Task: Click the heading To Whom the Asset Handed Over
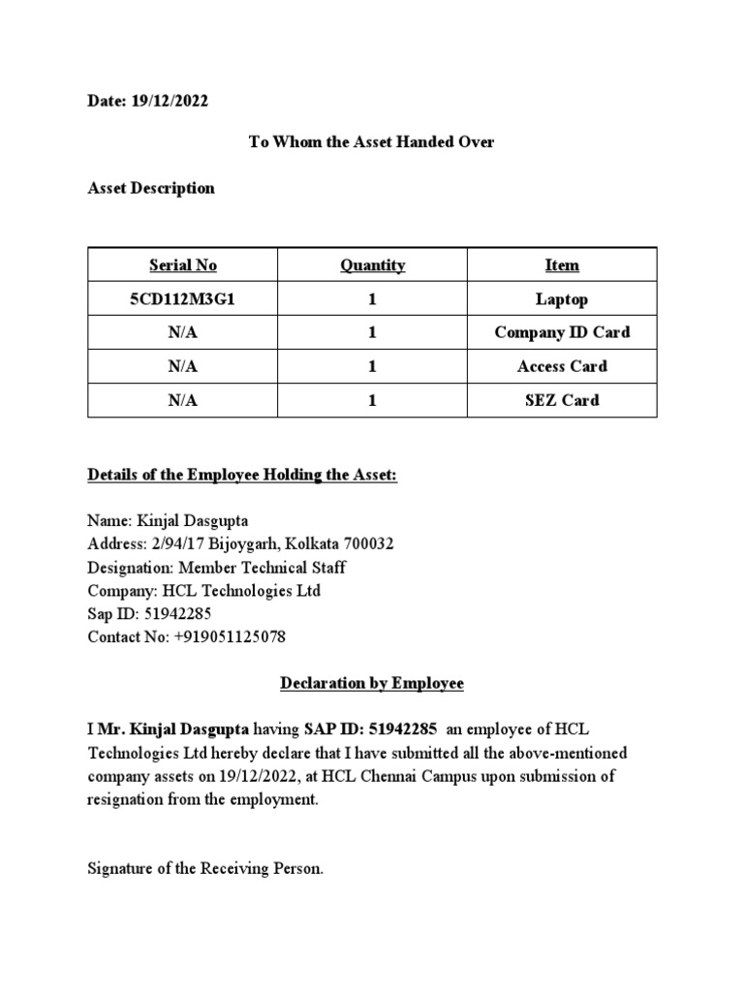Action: (x=372, y=141)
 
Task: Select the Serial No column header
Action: (x=183, y=265)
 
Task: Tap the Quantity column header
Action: (x=372, y=265)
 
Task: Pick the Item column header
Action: (x=562, y=265)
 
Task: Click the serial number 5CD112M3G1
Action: (x=183, y=299)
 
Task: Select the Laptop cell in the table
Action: (x=562, y=299)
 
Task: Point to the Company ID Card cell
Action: (x=562, y=332)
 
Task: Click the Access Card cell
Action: (x=562, y=366)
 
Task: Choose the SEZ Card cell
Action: (x=562, y=400)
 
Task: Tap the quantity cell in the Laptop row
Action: (x=372, y=299)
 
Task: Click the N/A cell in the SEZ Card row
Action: (x=183, y=400)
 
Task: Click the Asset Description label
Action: (x=151, y=188)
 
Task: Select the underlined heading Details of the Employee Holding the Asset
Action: (x=242, y=476)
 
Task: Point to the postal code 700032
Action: (x=364, y=543)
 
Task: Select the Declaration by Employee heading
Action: (x=372, y=683)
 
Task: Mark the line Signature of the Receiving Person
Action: (x=205, y=869)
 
